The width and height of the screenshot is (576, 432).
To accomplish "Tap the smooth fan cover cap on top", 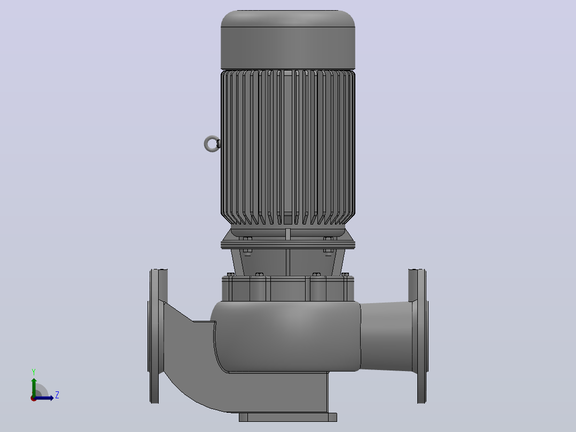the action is (x=287, y=40).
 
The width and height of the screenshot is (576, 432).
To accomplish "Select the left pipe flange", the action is (x=157, y=336).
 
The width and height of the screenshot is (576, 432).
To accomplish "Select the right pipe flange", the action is (x=418, y=336).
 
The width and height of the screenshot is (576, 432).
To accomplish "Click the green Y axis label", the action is (x=34, y=372).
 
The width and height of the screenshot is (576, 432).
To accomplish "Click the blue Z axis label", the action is (x=57, y=395).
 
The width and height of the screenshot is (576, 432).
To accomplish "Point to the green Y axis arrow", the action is (x=34, y=387).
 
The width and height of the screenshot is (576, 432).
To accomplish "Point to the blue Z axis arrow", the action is (x=44, y=398).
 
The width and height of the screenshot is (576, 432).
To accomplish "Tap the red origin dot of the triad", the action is (x=34, y=398).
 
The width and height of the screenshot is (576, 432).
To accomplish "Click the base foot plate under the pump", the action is (x=287, y=417).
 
